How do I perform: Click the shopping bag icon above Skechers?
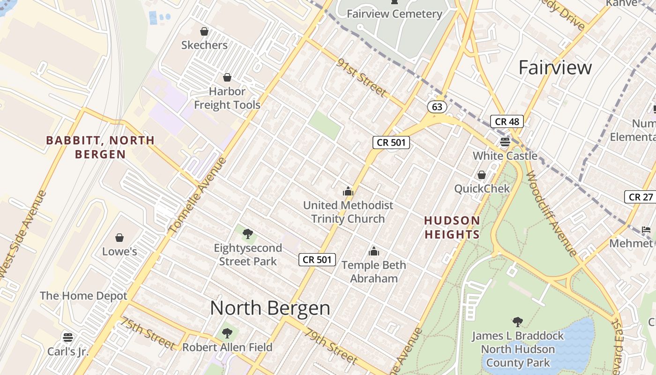[x=204, y=31]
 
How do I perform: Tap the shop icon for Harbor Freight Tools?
[x=227, y=77]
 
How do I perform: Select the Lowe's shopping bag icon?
[x=119, y=238]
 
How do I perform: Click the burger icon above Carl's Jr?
[x=68, y=337]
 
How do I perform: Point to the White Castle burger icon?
[x=505, y=142]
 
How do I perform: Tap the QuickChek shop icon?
[x=481, y=175]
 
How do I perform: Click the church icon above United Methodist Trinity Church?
[x=348, y=191]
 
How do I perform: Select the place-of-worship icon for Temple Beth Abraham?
[x=373, y=251]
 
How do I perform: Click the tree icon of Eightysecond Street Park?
[x=248, y=233]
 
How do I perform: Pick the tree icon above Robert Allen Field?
[x=227, y=333]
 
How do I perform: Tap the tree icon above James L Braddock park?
[x=518, y=322]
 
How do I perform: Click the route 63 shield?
[x=437, y=107]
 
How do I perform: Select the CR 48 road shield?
[x=507, y=122]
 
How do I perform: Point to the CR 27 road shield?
[x=641, y=197]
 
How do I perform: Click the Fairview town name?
[x=555, y=67]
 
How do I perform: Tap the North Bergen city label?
[x=270, y=308]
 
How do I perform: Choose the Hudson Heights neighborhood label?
[x=452, y=227]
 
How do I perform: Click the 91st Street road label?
[x=361, y=78]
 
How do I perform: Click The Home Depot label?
[x=83, y=296]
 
